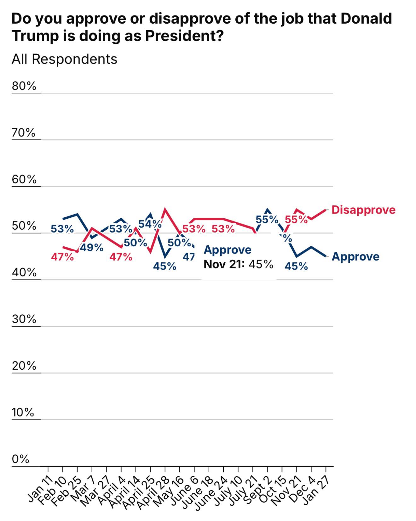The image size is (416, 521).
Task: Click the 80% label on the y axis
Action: tap(24, 86)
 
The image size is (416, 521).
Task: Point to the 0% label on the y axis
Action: tap(20, 459)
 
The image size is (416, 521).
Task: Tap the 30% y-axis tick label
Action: tap(24, 319)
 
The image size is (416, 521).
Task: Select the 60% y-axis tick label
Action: tap(24, 179)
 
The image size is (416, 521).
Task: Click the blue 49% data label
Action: tap(92, 248)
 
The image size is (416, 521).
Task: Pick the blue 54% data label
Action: tap(150, 224)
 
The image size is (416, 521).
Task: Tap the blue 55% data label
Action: tap(267, 219)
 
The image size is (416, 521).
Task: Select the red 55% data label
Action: tap(296, 219)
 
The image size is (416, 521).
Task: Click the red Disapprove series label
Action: tap(363, 210)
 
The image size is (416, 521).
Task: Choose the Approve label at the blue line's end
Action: tap(355, 256)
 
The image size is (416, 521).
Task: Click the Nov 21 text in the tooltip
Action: tap(224, 264)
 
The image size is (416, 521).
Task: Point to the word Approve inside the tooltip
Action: tap(228, 250)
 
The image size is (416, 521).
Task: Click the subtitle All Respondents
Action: tap(64, 59)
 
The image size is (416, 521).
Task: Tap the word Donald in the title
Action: tap(366, 19)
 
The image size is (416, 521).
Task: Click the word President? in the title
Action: tap(184, 36)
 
